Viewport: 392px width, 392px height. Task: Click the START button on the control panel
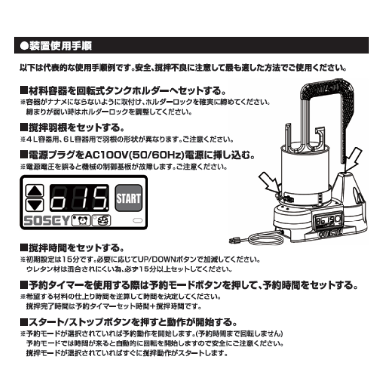click(x=128, y=198)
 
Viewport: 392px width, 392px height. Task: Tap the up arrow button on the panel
click(x=35, y=191)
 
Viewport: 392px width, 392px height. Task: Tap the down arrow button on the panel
click(x=35, y=205)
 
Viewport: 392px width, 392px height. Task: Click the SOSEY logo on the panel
click(x=47, y=220)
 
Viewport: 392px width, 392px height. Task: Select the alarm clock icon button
click(x=81, y=220)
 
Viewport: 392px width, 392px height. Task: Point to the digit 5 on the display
click(x=100, y=198)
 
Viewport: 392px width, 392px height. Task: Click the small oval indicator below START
click(x=138, y=220)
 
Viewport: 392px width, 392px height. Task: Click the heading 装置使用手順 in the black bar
click(x=61, y=46)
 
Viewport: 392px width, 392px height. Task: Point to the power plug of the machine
click(x=235, y=241)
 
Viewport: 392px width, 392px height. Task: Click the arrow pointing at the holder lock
click(x=269, y=182)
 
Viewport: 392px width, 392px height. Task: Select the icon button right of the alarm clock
click(x=101, y=220)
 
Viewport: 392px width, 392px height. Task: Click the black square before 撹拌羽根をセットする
click(x=24, y=128)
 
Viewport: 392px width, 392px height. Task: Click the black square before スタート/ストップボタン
click(x=24, y=322)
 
